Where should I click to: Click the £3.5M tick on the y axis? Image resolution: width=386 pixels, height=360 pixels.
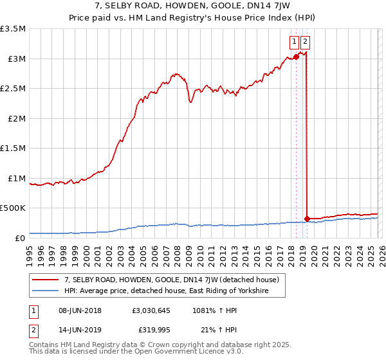click(x=13, y=29)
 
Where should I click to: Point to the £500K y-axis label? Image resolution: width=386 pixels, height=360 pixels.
click(x=13, y=208)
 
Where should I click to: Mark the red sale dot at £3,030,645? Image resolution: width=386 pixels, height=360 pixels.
click(x=296, y=57)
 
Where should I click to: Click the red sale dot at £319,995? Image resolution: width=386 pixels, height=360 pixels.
click(x=308, y=219)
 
